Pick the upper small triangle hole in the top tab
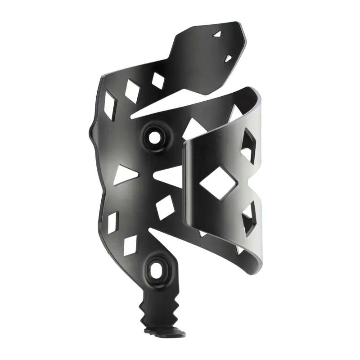pyautogui.click(x=218, y=34)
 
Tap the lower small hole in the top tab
pyautogui.click(x=228, y=58)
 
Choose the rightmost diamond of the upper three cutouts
pyautogui.click(x=158, y=80)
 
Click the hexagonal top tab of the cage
pyautogui.click(x=209, y=54)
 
